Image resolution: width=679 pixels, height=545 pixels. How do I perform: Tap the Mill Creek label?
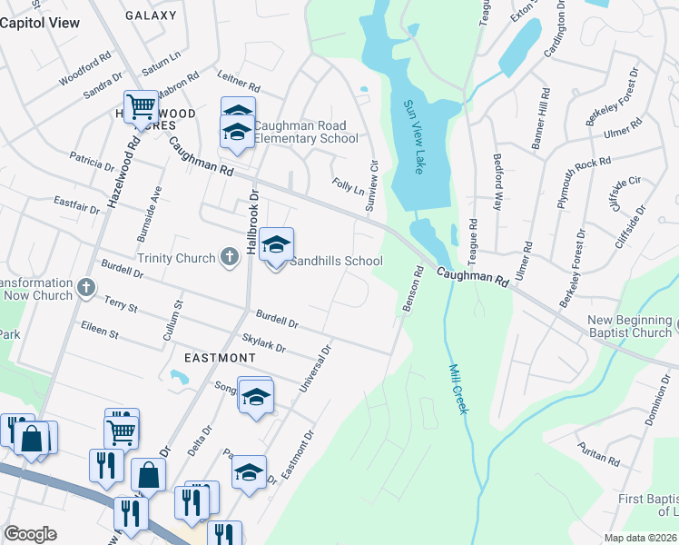[x=458, y=390]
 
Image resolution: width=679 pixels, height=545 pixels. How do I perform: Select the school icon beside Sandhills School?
[x=277, y=244]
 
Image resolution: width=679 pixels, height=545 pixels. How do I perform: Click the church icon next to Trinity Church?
[x=232, y=259]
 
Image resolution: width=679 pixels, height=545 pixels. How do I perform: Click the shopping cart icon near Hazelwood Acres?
[x=141, y=107]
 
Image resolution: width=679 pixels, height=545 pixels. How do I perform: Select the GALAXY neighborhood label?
[x=151, y=15]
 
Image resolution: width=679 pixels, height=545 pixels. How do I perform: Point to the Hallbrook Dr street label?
[x=254, y=222]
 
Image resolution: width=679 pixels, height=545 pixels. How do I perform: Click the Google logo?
[x=30, y=534]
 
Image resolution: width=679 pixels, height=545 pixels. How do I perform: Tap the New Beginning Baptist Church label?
[x=629, y=326]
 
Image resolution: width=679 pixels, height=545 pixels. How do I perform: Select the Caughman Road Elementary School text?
[x=305, y=133]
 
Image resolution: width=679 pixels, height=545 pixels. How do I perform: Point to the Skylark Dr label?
[x=263, y=342]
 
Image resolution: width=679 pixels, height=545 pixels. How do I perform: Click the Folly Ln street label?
[x=348, y=185]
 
